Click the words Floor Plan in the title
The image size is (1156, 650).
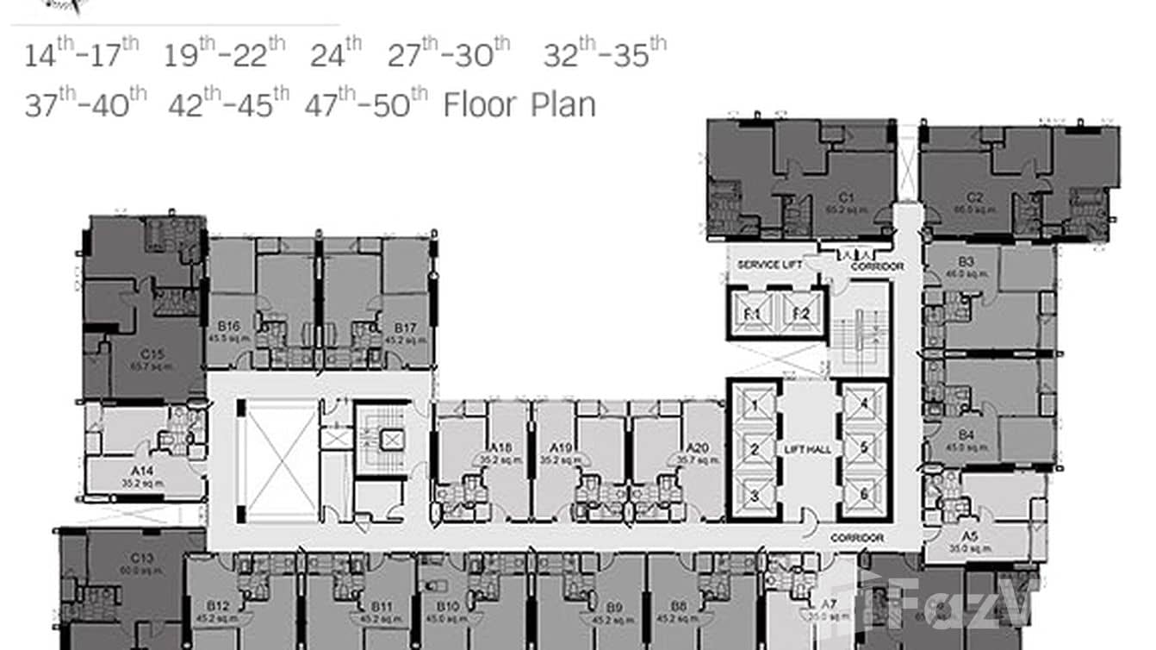[519, 105]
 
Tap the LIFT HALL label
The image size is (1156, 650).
[807, 449]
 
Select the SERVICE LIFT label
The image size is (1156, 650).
[769, 265]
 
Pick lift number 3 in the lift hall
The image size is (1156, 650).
[754, 495]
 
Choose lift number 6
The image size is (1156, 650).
[864, 494]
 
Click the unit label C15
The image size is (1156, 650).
[152, 354]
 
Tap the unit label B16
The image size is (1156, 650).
[228, 327]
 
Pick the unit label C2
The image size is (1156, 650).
[974, 197]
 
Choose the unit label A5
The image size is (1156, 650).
[970, 535]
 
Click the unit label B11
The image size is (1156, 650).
[382, 607]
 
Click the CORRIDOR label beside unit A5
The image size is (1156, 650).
[857, 537]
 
